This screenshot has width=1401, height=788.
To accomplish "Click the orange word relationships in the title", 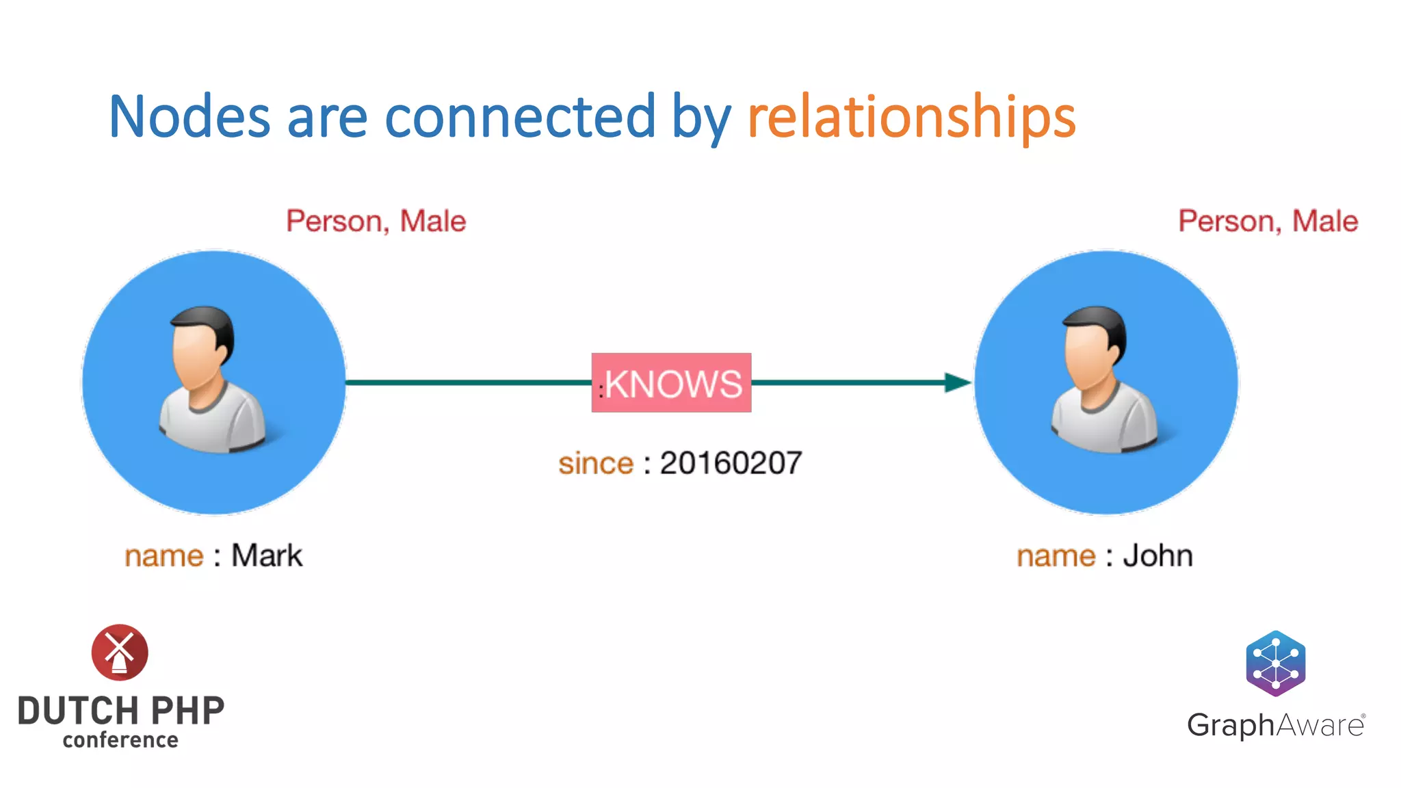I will [x=911, y=118].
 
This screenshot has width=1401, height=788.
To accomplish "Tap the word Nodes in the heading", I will [x=189, y=118].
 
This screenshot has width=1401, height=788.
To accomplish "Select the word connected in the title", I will [x=520, y=118].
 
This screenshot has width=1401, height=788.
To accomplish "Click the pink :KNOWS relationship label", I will [x=671, y=383].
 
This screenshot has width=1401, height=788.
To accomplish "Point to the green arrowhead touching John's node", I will [x=957, y=382].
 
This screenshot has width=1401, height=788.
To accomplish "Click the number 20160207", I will [x=731, y=464].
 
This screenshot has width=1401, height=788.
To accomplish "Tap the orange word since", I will [x=596, y=464].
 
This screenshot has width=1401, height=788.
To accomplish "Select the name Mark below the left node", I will [x=267, y=555].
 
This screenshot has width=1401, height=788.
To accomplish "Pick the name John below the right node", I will [x=1158, y=555].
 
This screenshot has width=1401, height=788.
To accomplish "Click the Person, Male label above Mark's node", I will [x=376, y=221].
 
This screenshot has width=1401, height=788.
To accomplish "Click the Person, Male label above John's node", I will [x=1268, y=221].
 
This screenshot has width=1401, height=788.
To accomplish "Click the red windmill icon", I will [x=120, y=652].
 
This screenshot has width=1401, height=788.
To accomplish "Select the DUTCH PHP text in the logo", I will [x=121, y=711].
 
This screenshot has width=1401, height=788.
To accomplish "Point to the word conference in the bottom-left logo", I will [x=120, y=740].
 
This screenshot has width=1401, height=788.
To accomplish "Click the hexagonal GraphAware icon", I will [x=1275, y=663].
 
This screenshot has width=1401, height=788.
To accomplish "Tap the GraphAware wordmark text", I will [x=1275, y=725].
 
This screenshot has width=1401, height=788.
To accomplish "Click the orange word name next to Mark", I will [x=164, y=556].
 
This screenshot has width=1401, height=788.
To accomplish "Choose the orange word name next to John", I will [x=1056, y=556].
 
